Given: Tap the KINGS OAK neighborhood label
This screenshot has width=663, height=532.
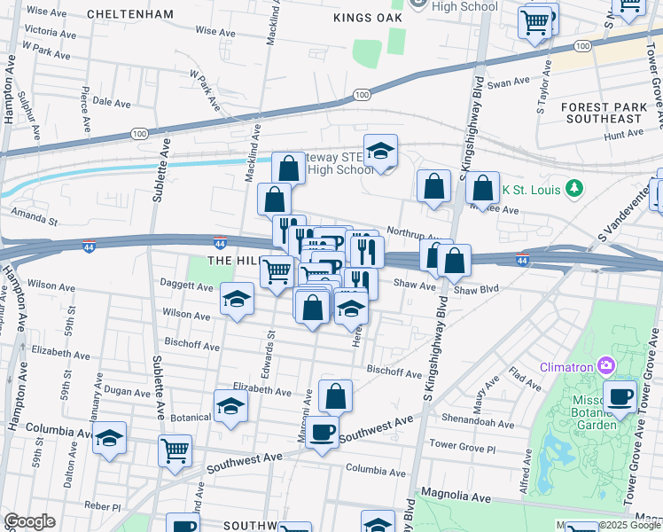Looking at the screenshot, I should pyautogui.click(x=368, y=18).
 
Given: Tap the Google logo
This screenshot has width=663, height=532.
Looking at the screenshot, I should pyautogui.click(x=29, y=521).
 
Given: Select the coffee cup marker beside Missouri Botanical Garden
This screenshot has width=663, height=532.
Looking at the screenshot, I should pyautogui.click(x=620, y=395).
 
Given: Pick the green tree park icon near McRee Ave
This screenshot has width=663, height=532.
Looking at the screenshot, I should pyautogui.click(x=575, y=188).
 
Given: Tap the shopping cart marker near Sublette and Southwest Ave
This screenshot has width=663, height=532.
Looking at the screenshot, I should pyautogui.click(x=175, y=449).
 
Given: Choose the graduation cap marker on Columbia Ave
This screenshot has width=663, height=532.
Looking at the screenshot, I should pyautogui.click(x=109, y=438).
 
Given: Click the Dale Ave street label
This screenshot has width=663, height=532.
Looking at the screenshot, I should pyautogui.click(x=112, y=102).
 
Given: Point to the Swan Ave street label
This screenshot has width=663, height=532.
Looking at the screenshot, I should pyautogui.click(x=508, y=82).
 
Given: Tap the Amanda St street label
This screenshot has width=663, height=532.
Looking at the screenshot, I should pyautogui.click(x=34, y=213).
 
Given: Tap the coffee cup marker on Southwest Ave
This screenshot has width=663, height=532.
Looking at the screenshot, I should pyautogui.click(x=323, y=432).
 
